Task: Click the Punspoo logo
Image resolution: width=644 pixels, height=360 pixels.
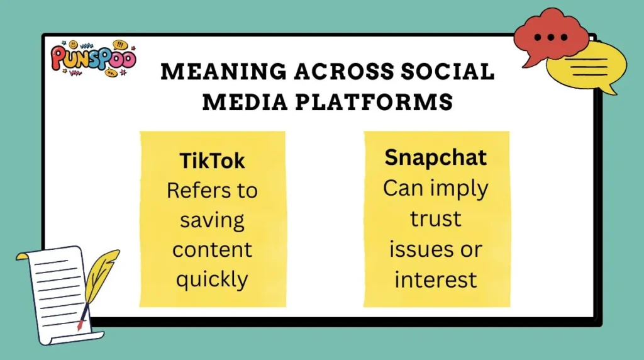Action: tap(93, 59)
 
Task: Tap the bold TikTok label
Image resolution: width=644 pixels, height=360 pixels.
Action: tap(212, 161)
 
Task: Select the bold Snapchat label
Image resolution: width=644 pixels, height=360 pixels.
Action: tap(436, 157)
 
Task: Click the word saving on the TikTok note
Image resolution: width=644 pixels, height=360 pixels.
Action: tap(212, 220)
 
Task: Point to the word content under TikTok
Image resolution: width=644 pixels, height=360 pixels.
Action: tap(212, 249)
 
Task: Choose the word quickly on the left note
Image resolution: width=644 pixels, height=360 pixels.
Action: tap(212, 279)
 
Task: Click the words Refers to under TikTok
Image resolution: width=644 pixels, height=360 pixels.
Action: tap(212, 191)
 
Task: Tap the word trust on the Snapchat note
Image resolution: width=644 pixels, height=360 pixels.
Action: tap(436, 219)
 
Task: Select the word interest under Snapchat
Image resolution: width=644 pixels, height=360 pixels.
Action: tap(436, 279)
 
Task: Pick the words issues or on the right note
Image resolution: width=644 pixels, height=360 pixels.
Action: tap(436, 249)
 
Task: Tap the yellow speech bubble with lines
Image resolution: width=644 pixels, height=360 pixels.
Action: tap(587, 66)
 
